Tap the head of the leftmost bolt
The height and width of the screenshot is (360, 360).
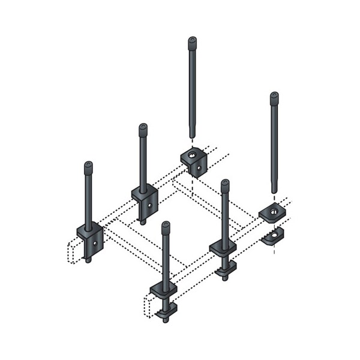point(88,166)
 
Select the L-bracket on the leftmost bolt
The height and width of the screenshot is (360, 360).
point(89,237)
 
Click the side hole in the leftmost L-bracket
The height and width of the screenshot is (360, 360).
point(94,242)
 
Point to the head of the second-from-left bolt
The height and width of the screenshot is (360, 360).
point(143,128)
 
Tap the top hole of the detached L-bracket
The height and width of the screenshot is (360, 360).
point(190,155)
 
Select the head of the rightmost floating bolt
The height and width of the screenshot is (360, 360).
point(274,95)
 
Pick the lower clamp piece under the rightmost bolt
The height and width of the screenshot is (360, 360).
point(275,236)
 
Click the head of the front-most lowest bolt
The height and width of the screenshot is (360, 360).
point(166,226)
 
